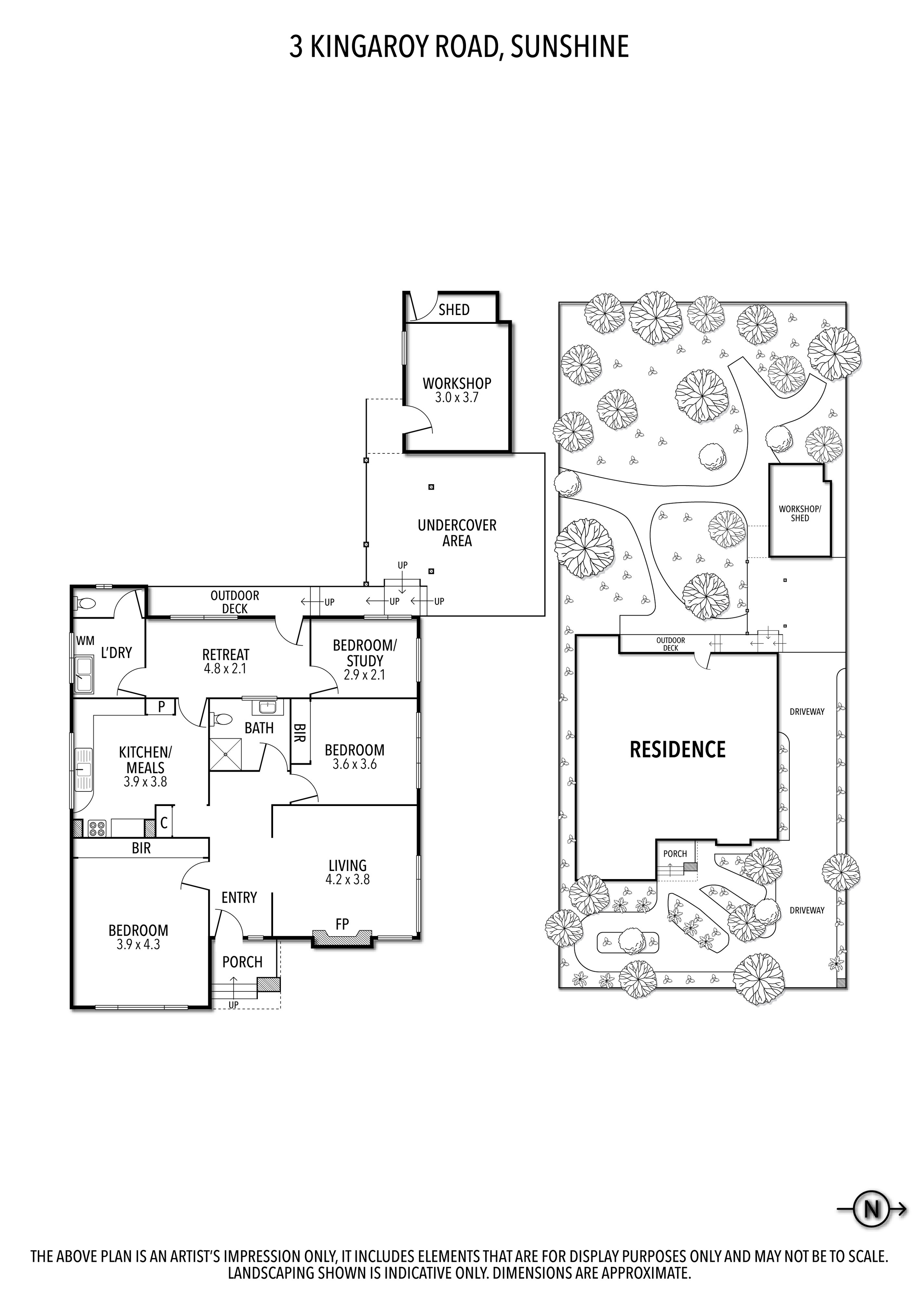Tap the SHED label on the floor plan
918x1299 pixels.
point(454,310)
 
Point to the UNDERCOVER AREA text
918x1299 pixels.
point(457,533)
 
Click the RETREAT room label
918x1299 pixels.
point(226,662)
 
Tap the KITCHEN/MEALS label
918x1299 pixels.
point(145,767)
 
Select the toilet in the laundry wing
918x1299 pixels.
point(85,604)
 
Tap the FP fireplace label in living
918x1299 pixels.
point(342,924)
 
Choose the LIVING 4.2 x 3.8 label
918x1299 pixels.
point(348,872)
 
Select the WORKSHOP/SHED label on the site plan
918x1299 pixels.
point(800,513)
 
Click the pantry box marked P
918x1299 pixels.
point(161,707)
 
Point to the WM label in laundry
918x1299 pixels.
point(85,641)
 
